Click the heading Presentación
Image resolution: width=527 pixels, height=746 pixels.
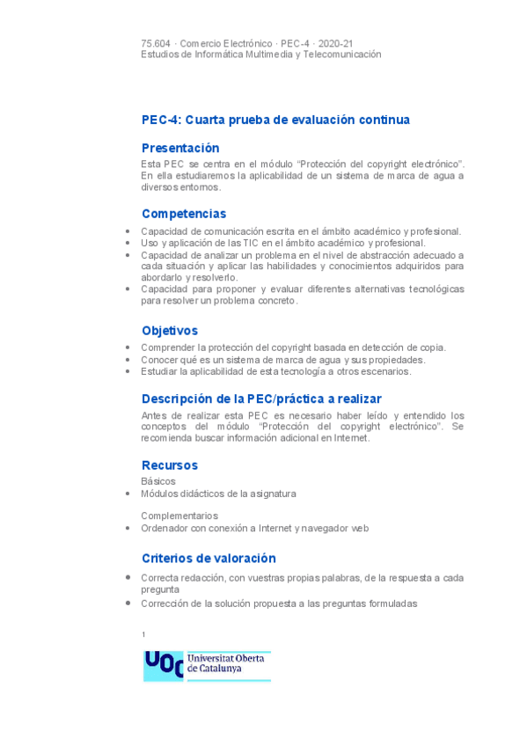180,148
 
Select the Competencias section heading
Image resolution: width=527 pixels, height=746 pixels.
184,213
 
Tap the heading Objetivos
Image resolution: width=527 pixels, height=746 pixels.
170,330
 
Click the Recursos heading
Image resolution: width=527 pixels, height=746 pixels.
170,464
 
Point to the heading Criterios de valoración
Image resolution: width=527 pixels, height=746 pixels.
209,558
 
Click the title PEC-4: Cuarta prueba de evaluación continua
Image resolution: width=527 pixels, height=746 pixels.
275,120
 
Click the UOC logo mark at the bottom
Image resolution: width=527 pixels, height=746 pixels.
163,665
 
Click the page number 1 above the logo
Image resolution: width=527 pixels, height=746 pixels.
143,634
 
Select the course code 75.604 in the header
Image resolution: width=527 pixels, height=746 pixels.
155,43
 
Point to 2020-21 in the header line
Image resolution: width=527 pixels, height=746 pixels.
335,43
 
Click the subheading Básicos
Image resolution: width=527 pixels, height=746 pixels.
158,481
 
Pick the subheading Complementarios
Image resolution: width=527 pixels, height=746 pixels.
179,516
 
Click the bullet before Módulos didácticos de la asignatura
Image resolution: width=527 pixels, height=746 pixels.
128,494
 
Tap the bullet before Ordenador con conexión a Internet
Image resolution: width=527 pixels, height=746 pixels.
128,529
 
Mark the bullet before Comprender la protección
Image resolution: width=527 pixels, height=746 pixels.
128,347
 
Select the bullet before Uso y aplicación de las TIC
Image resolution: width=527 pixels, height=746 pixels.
128,243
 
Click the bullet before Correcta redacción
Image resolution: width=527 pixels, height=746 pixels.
128,577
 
